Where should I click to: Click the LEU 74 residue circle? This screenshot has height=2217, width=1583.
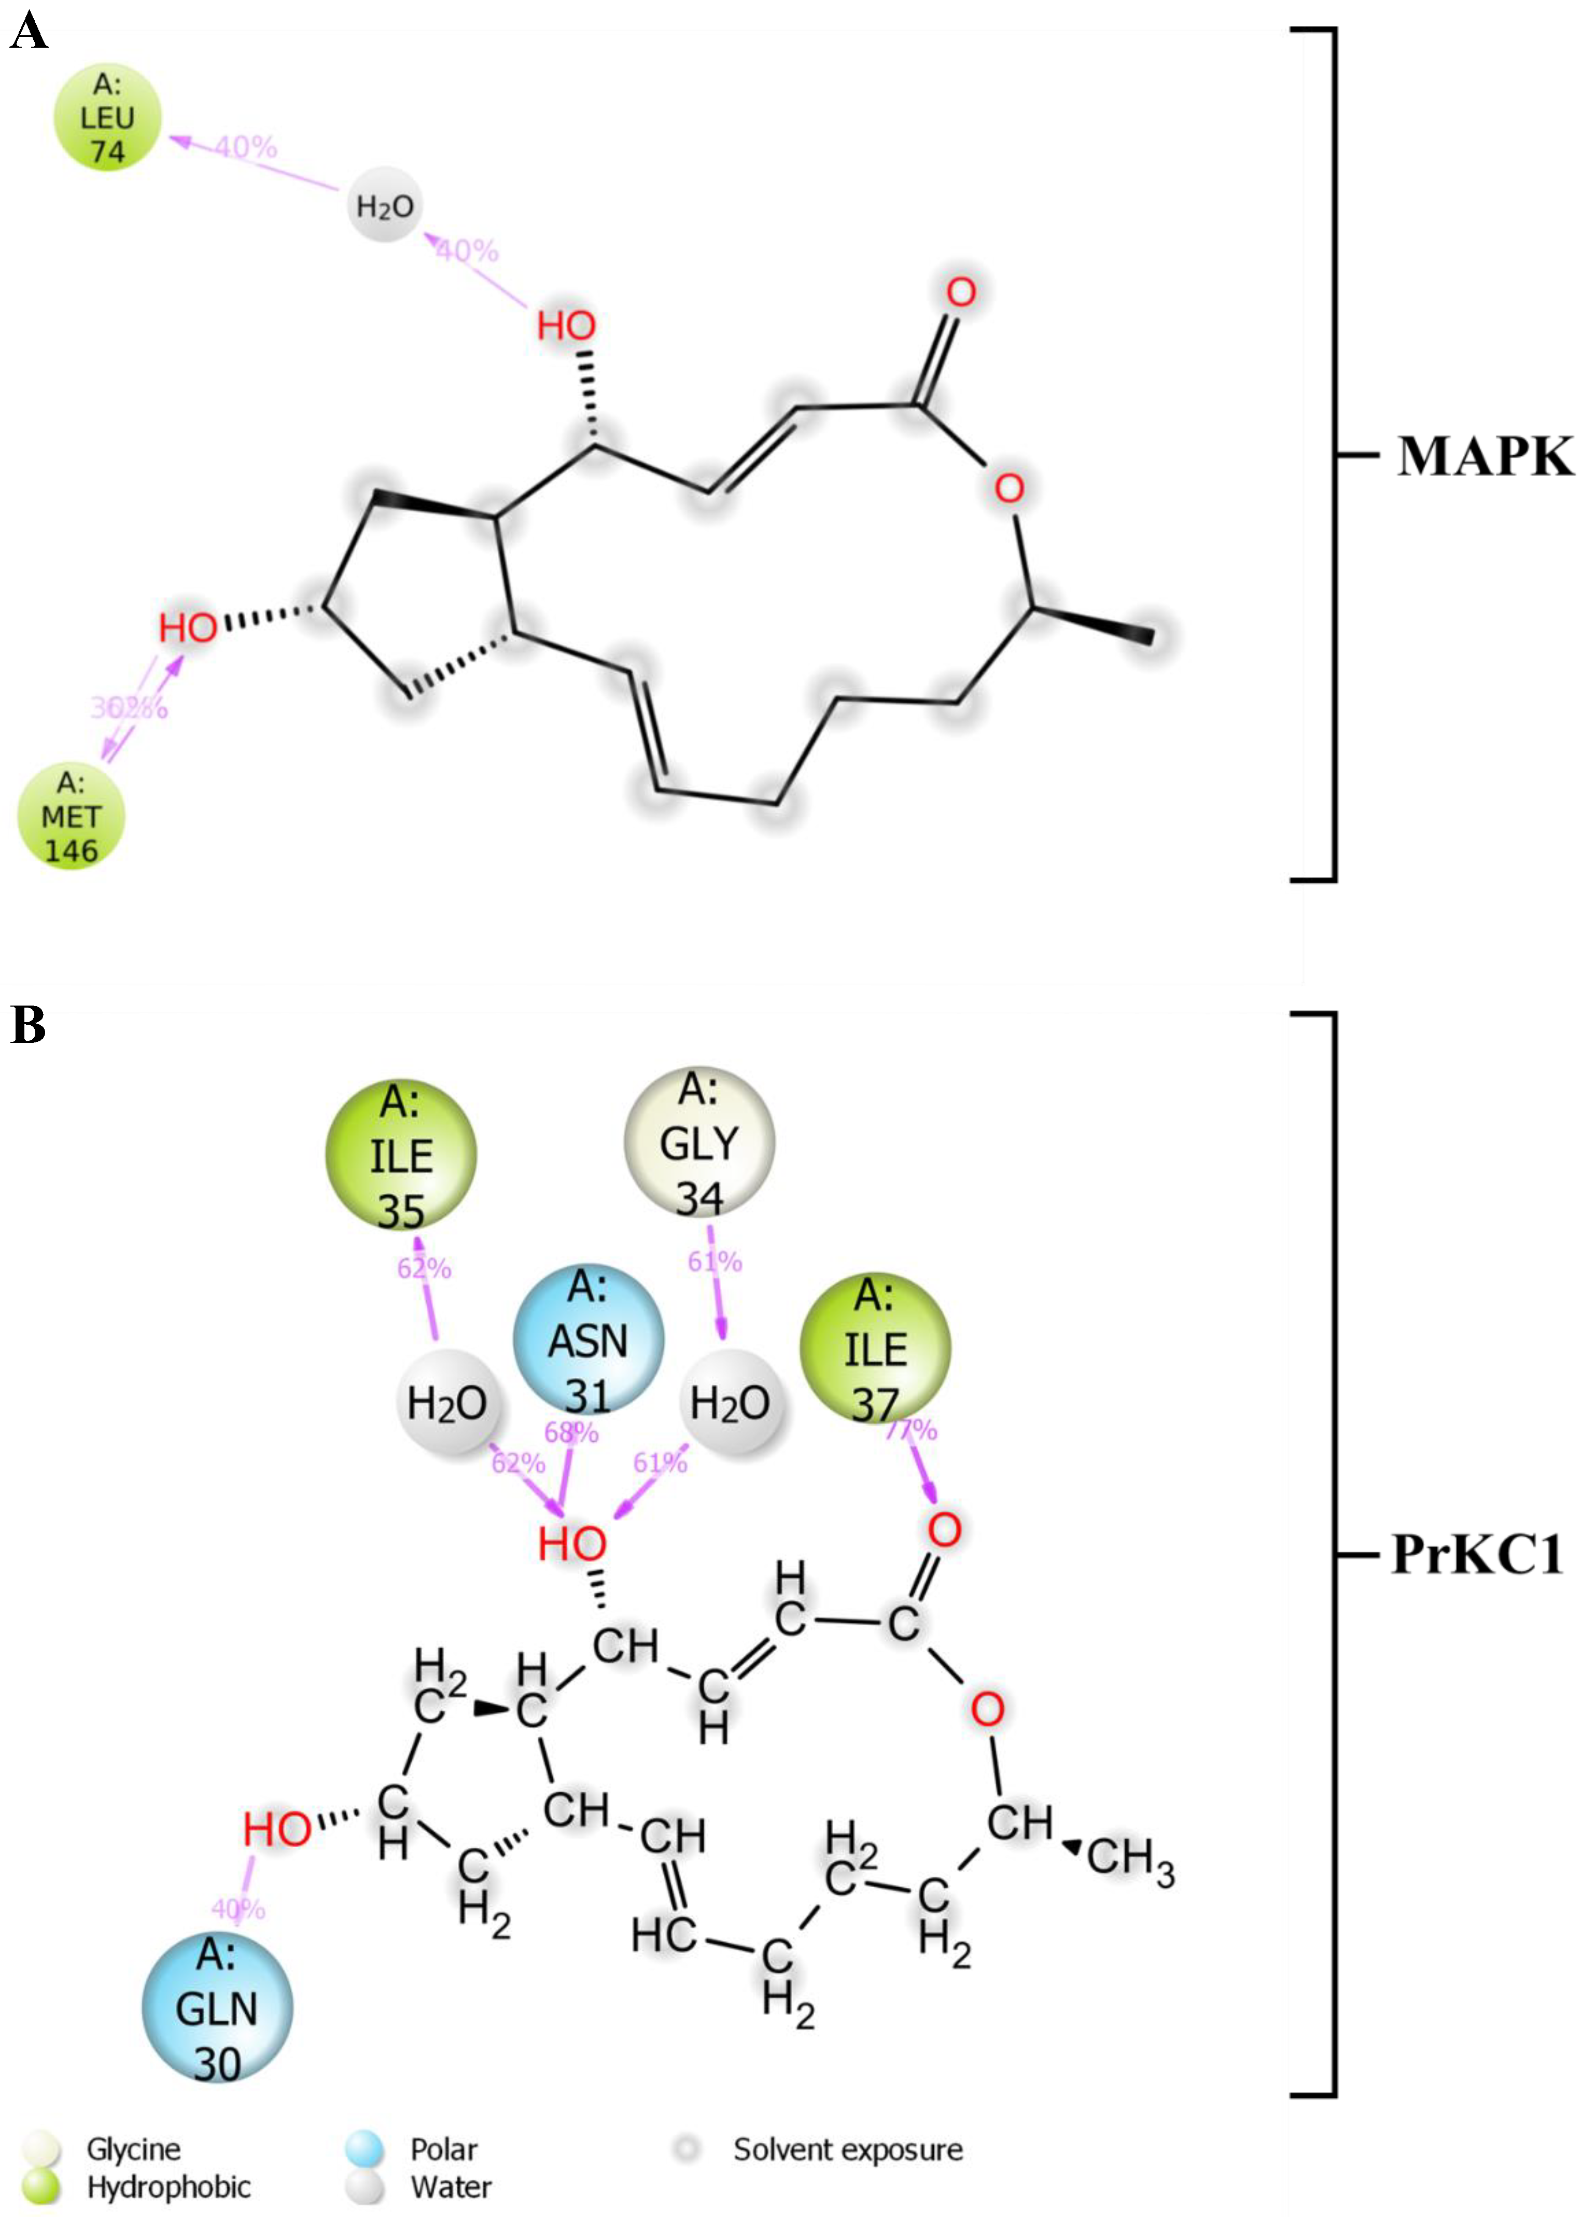107,118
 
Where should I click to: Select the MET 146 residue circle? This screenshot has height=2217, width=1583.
71,816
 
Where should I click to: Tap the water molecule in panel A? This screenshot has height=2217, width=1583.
385,206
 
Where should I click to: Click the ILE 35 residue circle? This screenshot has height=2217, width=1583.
401,1155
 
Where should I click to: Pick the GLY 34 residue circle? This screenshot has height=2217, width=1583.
699,1142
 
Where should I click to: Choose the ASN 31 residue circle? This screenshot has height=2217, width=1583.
588,1341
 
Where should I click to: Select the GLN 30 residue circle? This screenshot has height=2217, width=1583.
216,2009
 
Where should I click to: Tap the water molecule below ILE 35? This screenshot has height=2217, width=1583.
446,1404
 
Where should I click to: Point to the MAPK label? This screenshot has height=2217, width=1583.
1483,456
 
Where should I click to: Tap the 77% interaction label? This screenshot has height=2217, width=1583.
913,1430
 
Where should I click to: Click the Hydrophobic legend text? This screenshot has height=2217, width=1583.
169,2187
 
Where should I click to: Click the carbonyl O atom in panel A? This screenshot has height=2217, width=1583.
960,291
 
